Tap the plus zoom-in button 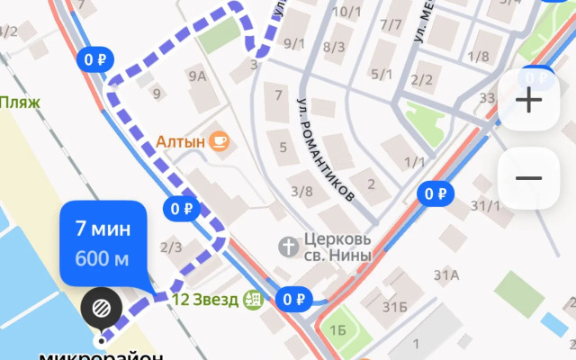click(x=528, y=101)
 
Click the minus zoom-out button click(x=528, y=178)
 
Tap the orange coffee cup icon click(x=220, y=141)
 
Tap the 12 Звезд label click(x=205, y=300)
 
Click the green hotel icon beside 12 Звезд click(x=253, y=300)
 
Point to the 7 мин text click(x=103, y=229)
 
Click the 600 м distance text click(x=101, y=259)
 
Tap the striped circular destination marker click(x=101, y=309)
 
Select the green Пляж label click(x=20, y=103)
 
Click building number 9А click(x=197, y=77)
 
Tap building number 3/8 click(x=301, y=191)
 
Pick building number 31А click(x=446, y=274)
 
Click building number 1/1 click(x=416, y=162)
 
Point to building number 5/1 click(x=382, y=75)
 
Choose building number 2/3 click(x=171, y=247)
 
